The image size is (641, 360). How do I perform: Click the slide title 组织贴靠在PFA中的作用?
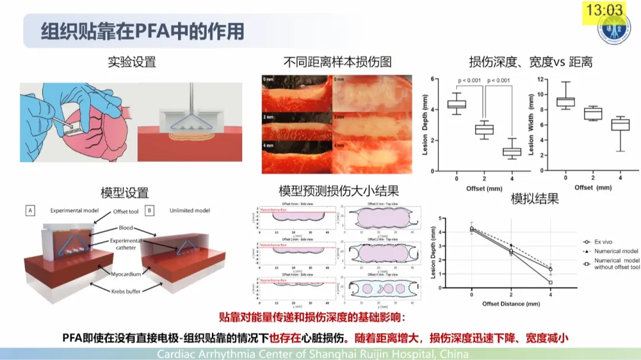pyautogui.click(x=142, y=30)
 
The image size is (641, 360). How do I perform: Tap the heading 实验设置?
pyautogui.click(x=132, y=62)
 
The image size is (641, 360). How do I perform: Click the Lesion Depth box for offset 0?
pyautogui.click(x=456, y=104)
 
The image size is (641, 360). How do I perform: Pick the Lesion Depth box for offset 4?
pyautogui.click(x=512, y=151)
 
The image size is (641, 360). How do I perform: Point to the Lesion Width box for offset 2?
pyautogui.click(x=593, y=113)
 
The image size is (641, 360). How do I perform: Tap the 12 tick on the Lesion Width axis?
pyautogui.click(x=541, y=79)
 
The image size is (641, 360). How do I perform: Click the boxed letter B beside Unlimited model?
pyautogui.click(x=150, y=210)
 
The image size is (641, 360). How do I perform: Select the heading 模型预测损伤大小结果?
pyautogui.click(x=338, y=192)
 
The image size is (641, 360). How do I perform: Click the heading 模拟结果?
pyautogui.click(x=535, y=199)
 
